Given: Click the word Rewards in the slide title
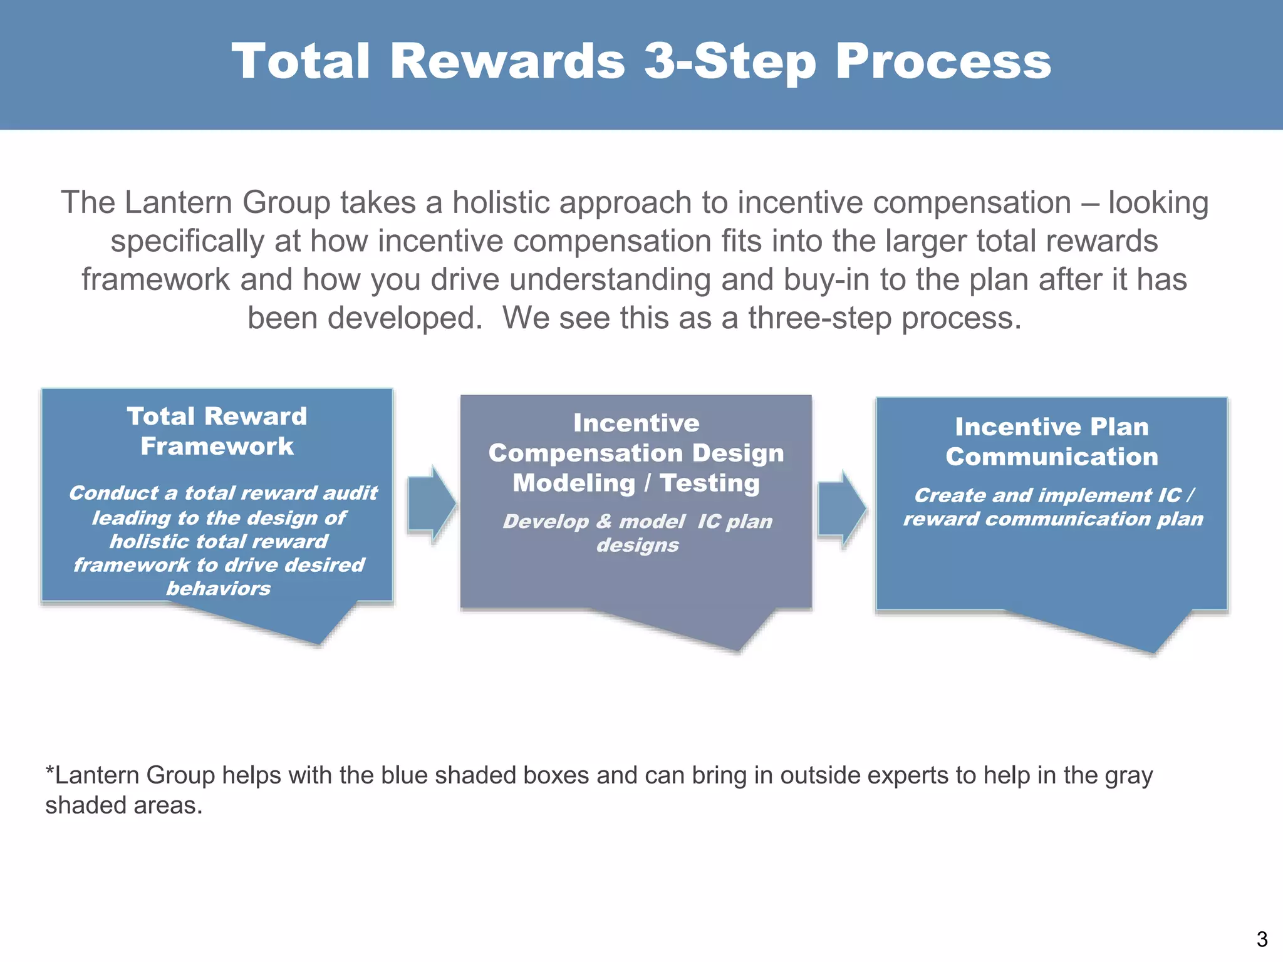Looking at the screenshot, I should tap(507, 61).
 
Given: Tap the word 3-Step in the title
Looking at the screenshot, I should tap(730, 61).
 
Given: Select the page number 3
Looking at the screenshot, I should tap(1262, 939).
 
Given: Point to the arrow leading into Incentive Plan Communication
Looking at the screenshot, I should tap(841, 509).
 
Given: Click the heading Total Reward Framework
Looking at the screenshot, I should tap(217, 431).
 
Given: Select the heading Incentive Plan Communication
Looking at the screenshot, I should tap(1051, 442).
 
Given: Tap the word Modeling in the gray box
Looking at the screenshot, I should tap(574, 483).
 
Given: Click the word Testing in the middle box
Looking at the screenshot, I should tap(709, 483).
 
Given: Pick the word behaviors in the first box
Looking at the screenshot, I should tap(218, 589).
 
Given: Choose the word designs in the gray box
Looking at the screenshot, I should tap(637, 546).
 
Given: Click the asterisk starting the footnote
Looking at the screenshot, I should tap(49, 770).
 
